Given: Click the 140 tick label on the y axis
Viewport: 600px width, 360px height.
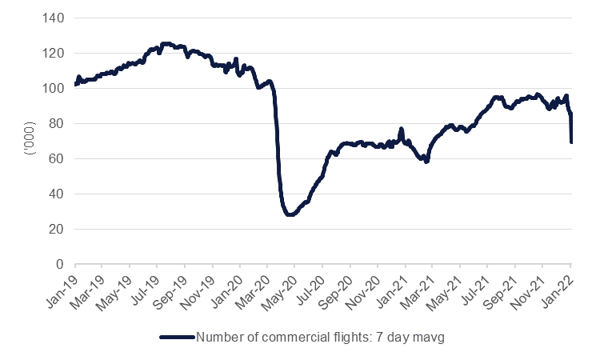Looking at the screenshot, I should [57, 18].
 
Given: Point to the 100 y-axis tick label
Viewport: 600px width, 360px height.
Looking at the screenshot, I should [57, 88].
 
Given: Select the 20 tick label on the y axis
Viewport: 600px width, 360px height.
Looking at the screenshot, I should [60, 229].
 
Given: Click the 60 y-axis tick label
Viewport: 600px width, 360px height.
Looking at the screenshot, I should [60, 158].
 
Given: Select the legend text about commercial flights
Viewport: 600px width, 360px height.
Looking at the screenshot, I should [319, 338].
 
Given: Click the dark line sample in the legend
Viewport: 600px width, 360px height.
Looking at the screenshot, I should [177, 338].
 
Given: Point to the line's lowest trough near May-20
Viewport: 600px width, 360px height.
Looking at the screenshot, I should [290, 214].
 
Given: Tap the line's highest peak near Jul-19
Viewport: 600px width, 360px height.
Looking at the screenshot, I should [166, 44].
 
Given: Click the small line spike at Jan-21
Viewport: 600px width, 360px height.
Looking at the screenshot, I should [402, 129].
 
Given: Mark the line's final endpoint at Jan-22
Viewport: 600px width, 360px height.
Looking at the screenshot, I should [571, 142].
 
